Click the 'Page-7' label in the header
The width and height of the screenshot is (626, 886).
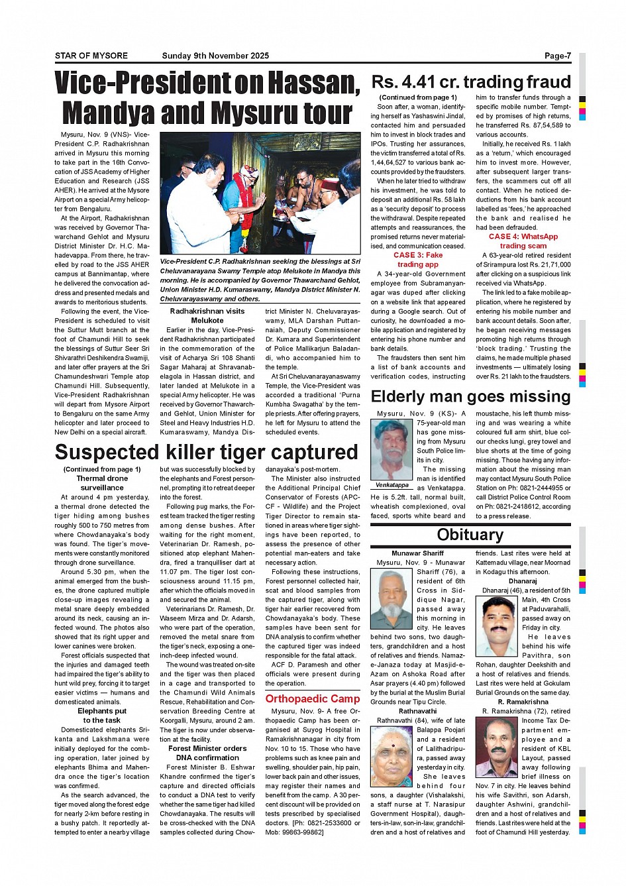coord(557,56)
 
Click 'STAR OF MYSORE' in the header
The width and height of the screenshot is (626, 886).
coord(91,56)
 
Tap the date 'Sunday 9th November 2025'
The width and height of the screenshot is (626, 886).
coord(215,56)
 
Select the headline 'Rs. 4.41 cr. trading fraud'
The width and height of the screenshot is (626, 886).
coord(470,82)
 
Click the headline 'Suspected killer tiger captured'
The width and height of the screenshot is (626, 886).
coord(207,452)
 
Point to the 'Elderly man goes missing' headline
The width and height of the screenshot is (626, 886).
coord(470,396)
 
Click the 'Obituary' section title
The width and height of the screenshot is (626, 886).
coord(470,534)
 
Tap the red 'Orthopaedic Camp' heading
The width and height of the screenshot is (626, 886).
coord(313,698)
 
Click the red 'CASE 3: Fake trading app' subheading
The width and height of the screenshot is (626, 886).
coord(418,259)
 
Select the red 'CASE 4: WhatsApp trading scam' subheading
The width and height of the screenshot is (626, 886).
coord(523,241)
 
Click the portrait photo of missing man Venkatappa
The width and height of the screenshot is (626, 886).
coord(392,449)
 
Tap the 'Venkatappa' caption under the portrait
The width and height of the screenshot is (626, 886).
coord(392,485)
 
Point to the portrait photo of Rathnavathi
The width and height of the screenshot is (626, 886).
coord(392,757)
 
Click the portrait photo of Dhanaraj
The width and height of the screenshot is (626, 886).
coord(497,626)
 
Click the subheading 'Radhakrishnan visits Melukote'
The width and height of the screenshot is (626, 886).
coord(207,315)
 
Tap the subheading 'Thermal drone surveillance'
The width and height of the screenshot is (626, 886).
coord(102,482)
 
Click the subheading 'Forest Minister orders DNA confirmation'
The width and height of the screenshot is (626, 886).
coord(207,753)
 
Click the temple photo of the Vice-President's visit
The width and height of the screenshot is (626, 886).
coord(260,194)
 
